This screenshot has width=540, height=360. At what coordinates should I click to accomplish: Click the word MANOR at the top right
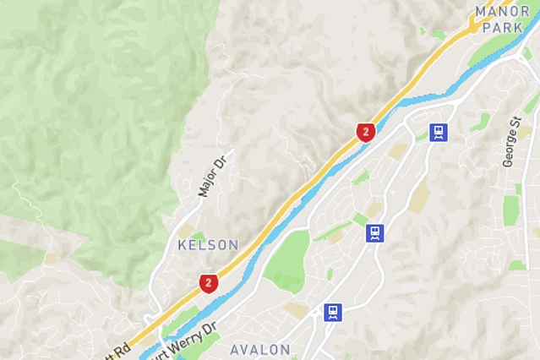[503, 11]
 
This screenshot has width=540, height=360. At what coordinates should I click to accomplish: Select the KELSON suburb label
[208, 245]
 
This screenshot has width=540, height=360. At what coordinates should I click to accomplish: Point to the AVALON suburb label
[260, 349]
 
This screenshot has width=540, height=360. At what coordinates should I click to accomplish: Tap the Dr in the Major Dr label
[222, 161]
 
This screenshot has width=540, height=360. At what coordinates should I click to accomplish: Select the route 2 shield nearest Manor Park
[365, 131]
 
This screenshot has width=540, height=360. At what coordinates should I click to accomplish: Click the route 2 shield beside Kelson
[208, 282]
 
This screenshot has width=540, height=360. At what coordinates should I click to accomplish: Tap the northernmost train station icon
[438, 132]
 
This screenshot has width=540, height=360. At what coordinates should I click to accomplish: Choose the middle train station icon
[375, 232]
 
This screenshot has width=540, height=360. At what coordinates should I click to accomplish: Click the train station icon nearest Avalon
[333, 312]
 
